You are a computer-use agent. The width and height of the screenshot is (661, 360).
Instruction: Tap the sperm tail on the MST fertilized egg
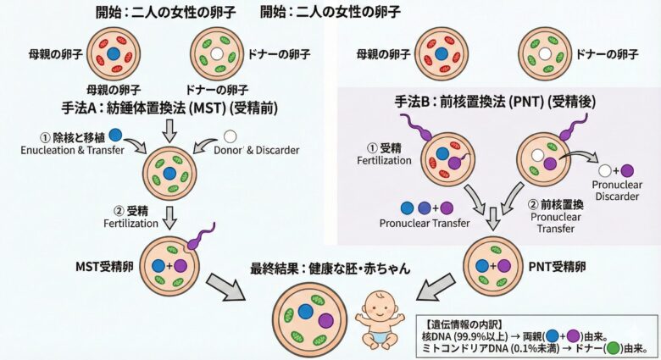click(x=202, y=232)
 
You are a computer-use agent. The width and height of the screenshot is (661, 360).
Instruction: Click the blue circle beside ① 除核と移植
click(x=116, y=136)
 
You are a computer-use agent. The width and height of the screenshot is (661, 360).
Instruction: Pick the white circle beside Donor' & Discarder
click(x=231, y=136)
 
